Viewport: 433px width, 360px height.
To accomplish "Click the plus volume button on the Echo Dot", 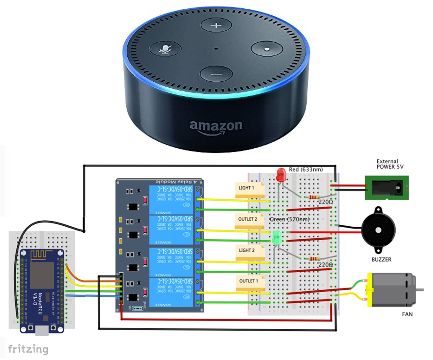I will coord(216,26).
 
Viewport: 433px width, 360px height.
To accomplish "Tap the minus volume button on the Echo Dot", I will coord(216,73).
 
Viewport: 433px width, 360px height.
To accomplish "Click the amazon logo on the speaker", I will coord(216,126).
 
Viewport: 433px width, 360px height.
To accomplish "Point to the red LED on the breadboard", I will coord(280,176).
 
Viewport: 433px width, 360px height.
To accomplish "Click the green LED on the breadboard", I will coord(277,238).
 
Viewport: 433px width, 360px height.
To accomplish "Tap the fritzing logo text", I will coord(28,348).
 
